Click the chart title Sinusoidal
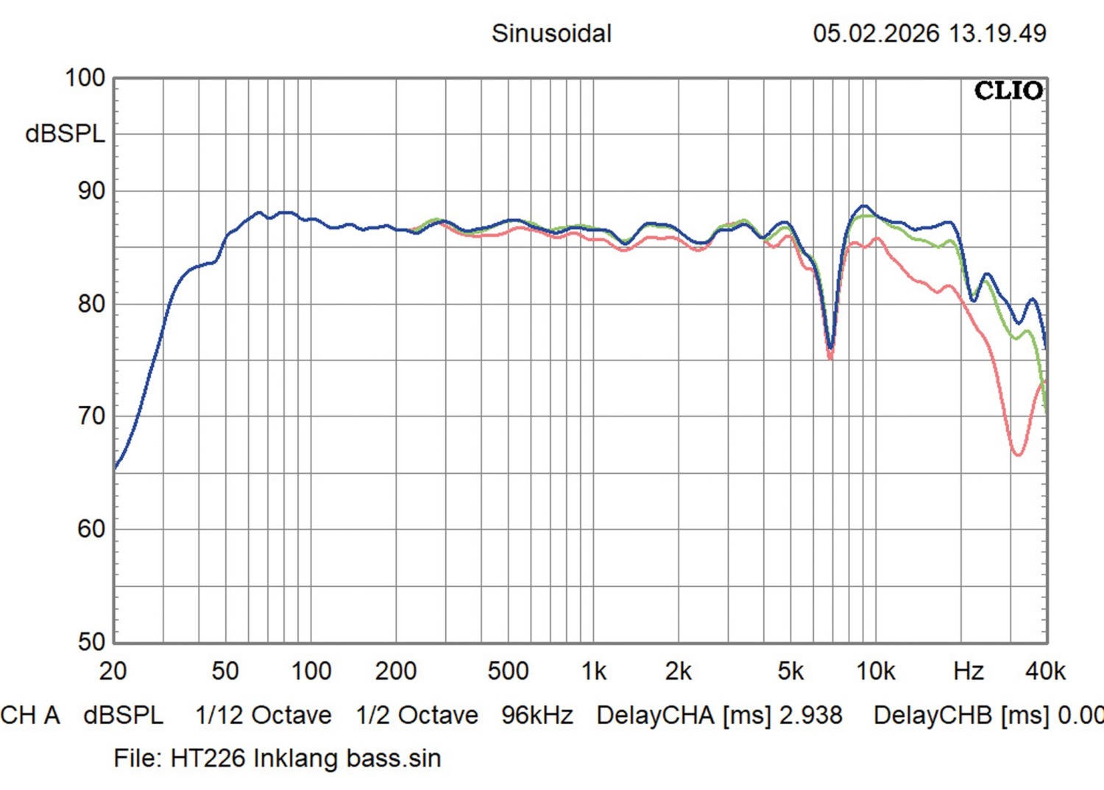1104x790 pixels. coord(551,33)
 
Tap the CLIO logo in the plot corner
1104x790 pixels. coord(1008,90)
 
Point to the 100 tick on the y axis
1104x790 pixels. coord(85,78)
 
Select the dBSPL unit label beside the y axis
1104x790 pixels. coord(65,134)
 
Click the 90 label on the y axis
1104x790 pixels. coord(91,191)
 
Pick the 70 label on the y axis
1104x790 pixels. coord(91,416)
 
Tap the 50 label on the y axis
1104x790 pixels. coord(91,641)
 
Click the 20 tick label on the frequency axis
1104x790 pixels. coord(113,671)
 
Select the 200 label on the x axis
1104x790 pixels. coord(395,671)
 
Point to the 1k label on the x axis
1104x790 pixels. coord(593,671)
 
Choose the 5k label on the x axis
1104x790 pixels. coord(790,671)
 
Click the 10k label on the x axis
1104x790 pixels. coord(875,671)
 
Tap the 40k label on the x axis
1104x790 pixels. coord(1045,671)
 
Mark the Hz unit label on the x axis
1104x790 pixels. coord(969,671)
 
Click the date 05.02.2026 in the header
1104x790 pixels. coord(876,33)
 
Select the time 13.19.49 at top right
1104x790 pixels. coord(997,33)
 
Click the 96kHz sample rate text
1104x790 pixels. coord(537,715)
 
